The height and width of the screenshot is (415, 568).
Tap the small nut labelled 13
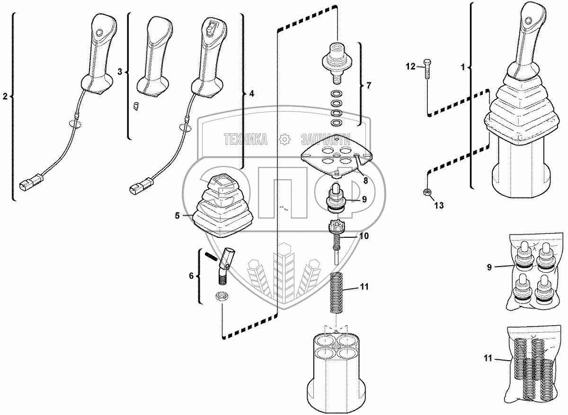tap(426, 191)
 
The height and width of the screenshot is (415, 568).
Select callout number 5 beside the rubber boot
tap(177, 216)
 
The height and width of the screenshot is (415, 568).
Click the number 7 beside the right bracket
tap(369, 86)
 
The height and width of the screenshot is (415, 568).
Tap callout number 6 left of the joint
tap(192, 276)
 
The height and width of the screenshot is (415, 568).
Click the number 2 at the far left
tap(5, 97)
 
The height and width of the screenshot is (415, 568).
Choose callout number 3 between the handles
tap(120, 72)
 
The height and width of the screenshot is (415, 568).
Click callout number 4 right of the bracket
tap(251, 94)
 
